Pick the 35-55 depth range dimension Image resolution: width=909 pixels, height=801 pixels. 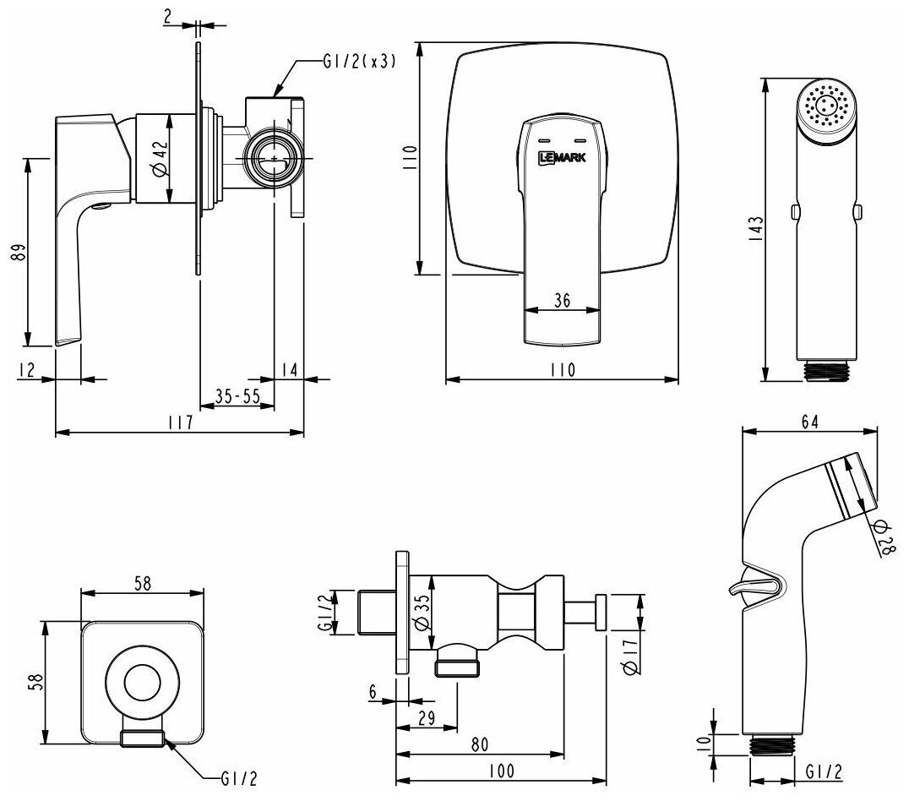click(x=237, y=395)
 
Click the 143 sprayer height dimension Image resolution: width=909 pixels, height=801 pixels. click(x=755, y=228)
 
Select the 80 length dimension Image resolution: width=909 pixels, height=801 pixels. click(x=479, y=745)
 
